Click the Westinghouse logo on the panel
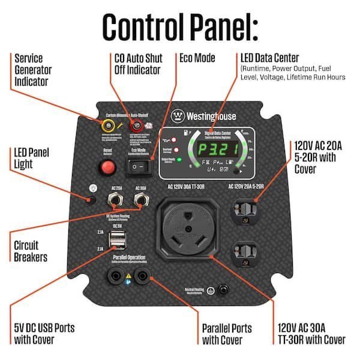pos(205,115)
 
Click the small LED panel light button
pos(92,200)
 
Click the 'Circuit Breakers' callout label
pos(30,251)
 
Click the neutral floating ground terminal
pos(224,290)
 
